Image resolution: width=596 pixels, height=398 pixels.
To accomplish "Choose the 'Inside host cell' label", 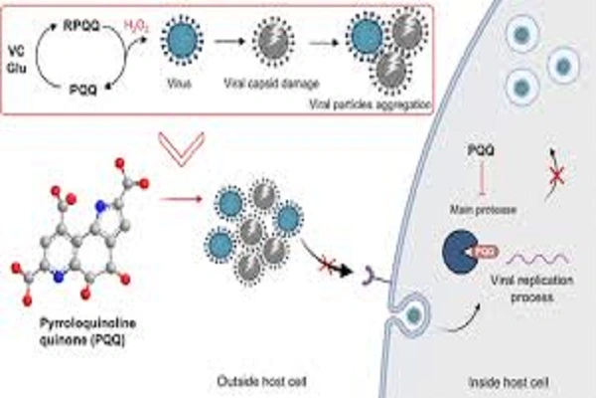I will click(x=504, y=380).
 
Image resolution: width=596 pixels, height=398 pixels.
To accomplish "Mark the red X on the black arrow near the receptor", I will click(x=325, y=267).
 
